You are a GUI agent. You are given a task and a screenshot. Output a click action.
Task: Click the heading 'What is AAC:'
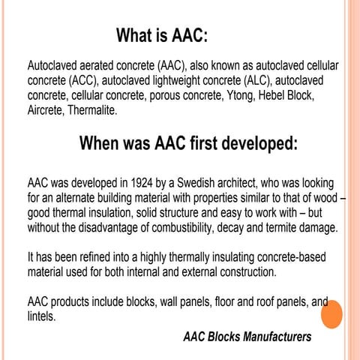(x=161, y=36)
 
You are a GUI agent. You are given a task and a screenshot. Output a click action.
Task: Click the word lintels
(x=41, y=316)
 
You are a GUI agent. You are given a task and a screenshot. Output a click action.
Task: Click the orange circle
(x=330, y=313)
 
